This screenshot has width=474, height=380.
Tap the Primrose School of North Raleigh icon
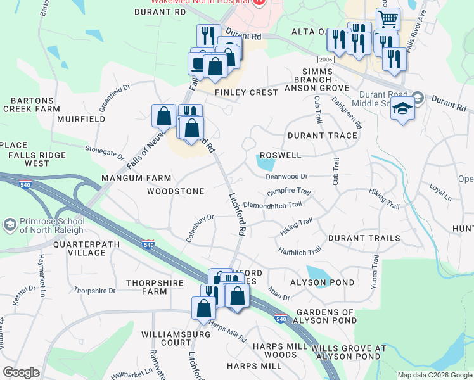10,225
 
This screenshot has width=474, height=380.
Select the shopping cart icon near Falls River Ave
387,19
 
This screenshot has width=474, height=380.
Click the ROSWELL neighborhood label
279,155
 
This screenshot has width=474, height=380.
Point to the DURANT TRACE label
322,136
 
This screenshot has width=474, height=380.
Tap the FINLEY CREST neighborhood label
247,92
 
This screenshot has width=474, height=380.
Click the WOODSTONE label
176,191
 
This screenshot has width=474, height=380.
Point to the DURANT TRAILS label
364,238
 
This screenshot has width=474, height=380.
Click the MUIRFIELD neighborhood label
81,118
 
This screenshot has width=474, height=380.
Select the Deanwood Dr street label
286,177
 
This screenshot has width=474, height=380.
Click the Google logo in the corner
21,372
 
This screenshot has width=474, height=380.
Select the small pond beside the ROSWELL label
266,165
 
